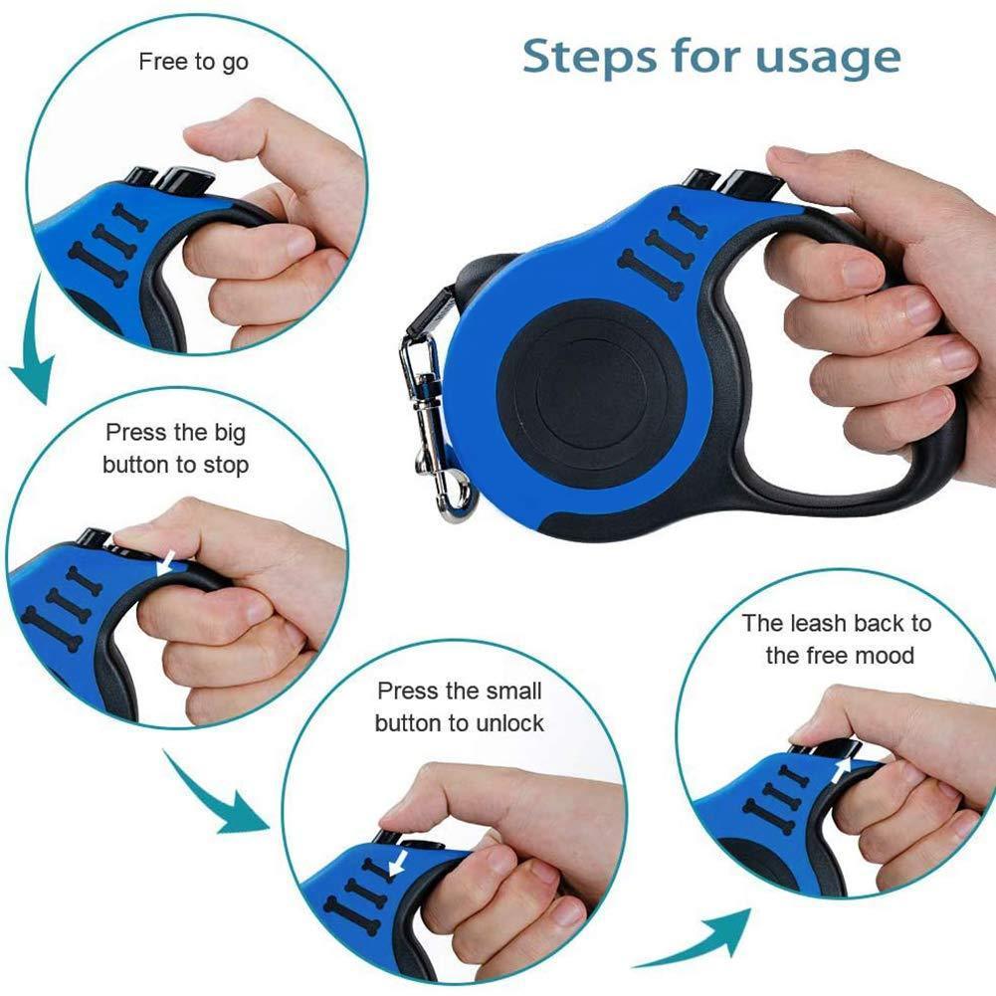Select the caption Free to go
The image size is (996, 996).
click(193, 62)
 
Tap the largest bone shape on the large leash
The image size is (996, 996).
click(651, 275)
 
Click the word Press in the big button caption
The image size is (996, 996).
click(137, 433)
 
